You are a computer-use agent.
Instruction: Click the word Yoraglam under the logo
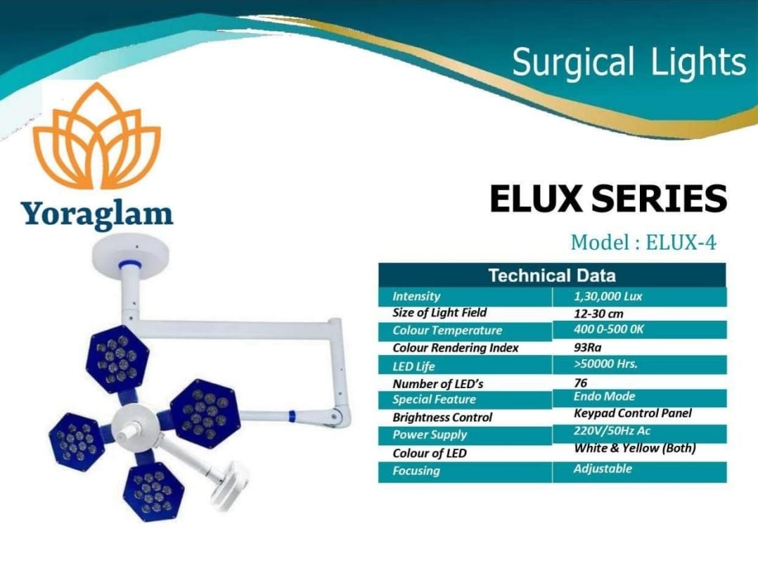[x=97, y=214]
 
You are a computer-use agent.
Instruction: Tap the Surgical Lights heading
[x=629, y=63]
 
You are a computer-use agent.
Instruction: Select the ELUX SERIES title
[x=608, y=198]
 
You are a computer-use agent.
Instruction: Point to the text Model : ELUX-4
[x=643, y=242]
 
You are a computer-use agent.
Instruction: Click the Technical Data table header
[x=552, y=276]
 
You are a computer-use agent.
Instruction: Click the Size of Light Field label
[x=439, y=313]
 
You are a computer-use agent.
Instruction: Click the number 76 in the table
[x=580, y=383]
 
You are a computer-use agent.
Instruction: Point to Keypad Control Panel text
[x=633, y=413]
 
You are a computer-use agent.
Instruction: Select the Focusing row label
[x=416, y=470]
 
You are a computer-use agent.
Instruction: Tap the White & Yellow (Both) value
[x=635, y=449]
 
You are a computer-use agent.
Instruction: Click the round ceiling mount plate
[x=131, y=252]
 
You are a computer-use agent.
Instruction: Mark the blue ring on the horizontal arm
[x=292, y=416]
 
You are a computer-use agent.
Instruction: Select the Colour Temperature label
[x=447, y=330]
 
